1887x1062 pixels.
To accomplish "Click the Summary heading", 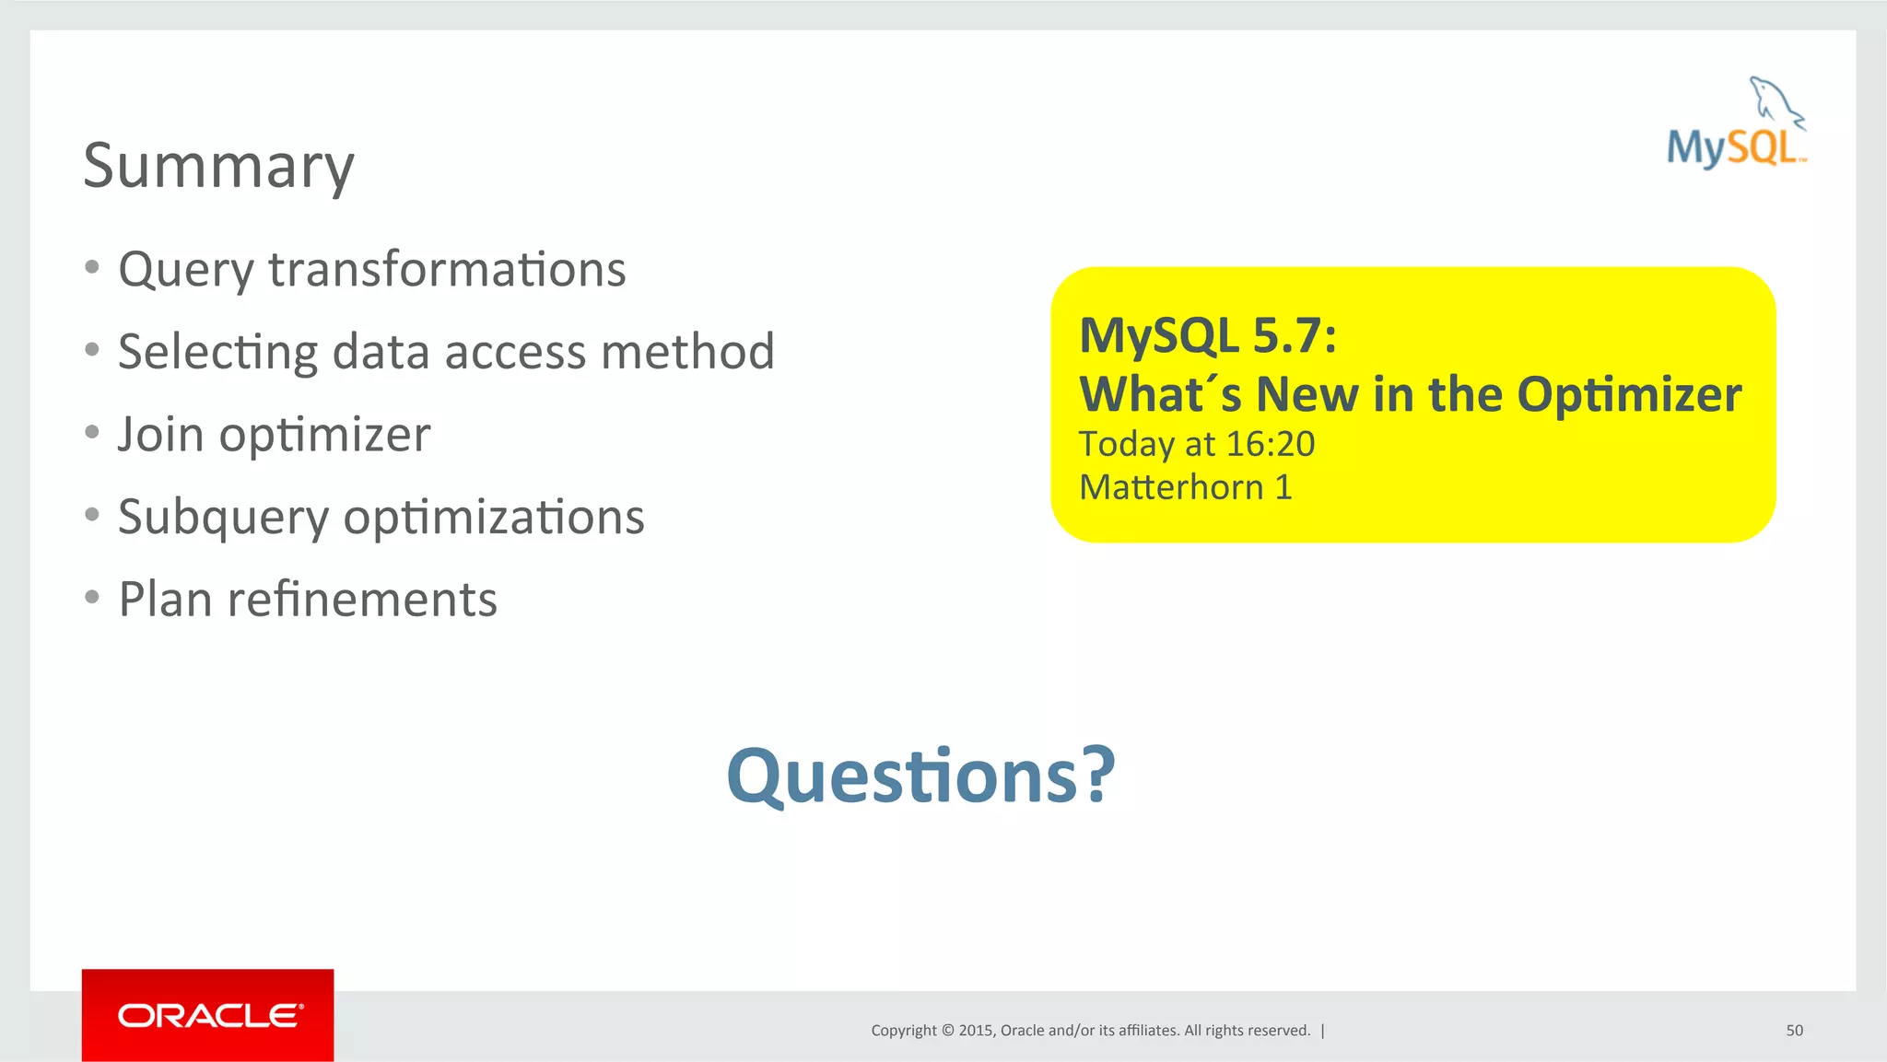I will [x=218, y=166].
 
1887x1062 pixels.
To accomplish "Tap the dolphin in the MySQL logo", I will [x=1775, y=100].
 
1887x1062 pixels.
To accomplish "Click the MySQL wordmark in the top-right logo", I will [x=1732, y=148].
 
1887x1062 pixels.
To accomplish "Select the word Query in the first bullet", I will [x=185, y=270].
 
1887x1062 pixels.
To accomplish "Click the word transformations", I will [x=447, y=270].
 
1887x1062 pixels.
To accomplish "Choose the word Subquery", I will [x=223, y=518].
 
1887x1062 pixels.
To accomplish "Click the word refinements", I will [x=362, y=600].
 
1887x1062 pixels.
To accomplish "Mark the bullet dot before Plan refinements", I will [x=91, y=598].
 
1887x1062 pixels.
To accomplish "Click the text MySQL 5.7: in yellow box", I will [x=1207, y=335].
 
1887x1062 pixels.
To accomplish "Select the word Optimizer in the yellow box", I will [x=1628, y=395].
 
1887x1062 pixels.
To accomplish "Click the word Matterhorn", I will [x=1170, y=487].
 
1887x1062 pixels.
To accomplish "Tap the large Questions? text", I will [x=920, y=776].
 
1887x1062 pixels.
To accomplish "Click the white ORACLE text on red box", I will [x=209, y=1016].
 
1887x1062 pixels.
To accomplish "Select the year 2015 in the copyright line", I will [x=975, y=1031].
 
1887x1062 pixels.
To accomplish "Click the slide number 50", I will [x=1794, y=1031].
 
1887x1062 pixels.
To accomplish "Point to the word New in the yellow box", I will [x=1307, y=395].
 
